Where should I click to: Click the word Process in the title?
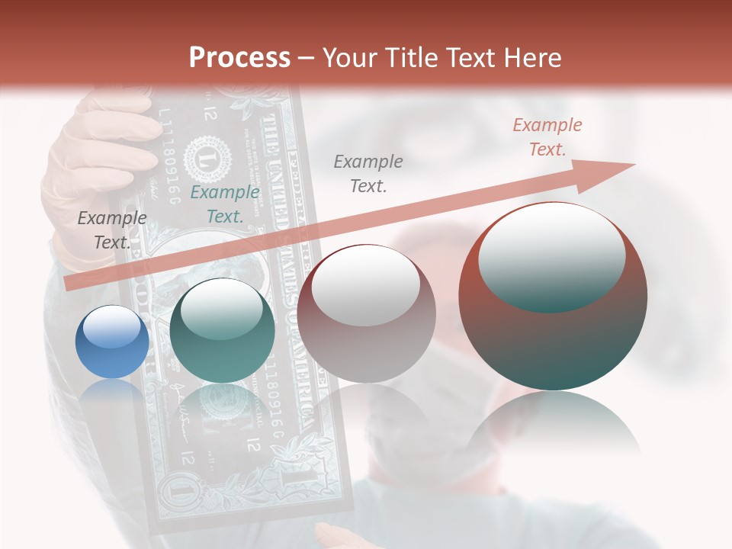point(239,58)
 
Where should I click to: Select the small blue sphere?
point(112,342)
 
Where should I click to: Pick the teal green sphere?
point(222,330)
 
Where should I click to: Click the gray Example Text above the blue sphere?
point(112,230)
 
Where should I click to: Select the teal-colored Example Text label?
point(225,204)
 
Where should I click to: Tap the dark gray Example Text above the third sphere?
point(368,173)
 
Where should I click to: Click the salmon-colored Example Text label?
point(547,137)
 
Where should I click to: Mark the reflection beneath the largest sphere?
point(553,427)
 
